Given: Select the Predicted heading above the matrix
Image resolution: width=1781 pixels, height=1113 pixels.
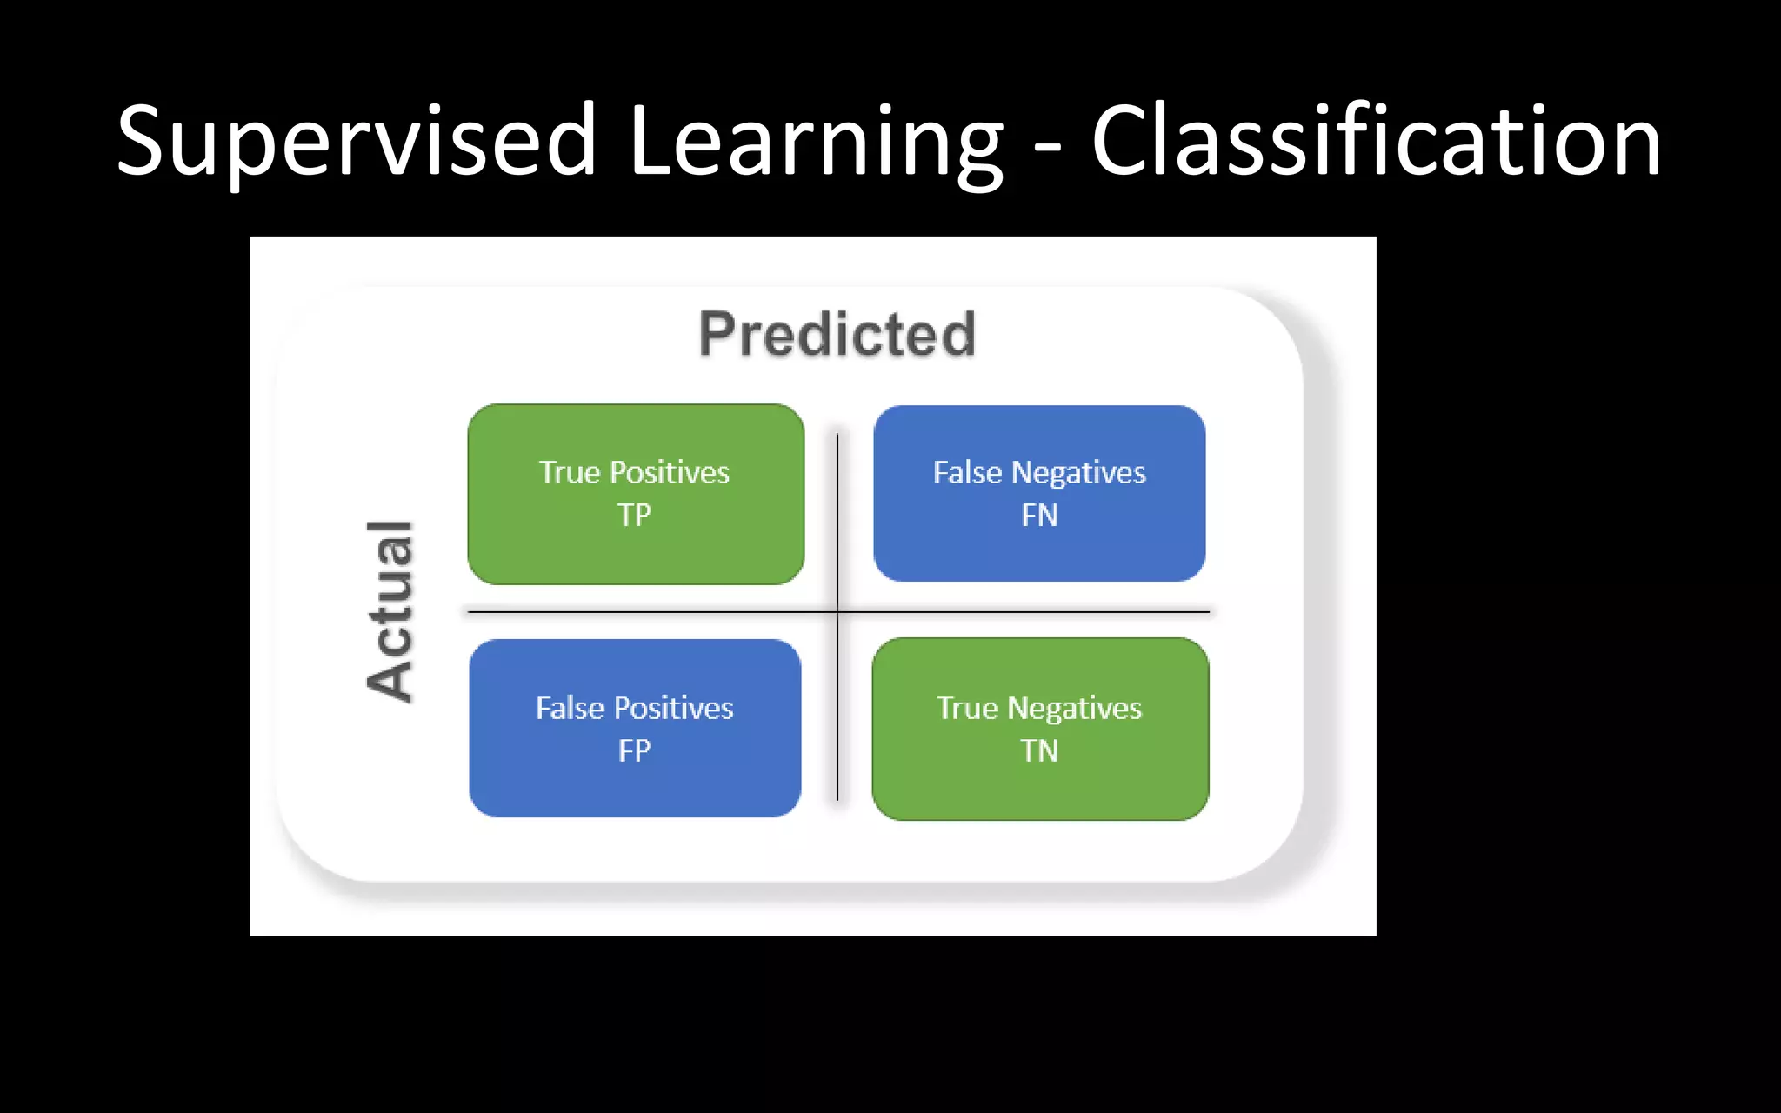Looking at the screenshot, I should point(837,334).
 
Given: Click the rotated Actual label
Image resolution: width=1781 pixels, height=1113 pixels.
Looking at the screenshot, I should point(390,610).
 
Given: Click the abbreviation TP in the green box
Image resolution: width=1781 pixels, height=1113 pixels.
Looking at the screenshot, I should point(635,516).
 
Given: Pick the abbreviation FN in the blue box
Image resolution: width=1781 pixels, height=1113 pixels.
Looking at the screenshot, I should point(1039,516).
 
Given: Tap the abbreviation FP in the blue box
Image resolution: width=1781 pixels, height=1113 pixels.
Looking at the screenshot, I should point(635,750).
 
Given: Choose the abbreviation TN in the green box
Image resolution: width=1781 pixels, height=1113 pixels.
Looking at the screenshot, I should point(1039,750).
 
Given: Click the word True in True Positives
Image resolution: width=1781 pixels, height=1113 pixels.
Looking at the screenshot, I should point(570,472).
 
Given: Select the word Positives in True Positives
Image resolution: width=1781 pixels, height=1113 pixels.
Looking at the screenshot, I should point(670,472).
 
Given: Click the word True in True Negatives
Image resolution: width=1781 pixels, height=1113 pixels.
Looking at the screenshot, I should point(967,708).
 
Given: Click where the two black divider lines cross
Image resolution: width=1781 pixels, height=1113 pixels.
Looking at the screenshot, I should point(837,612).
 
